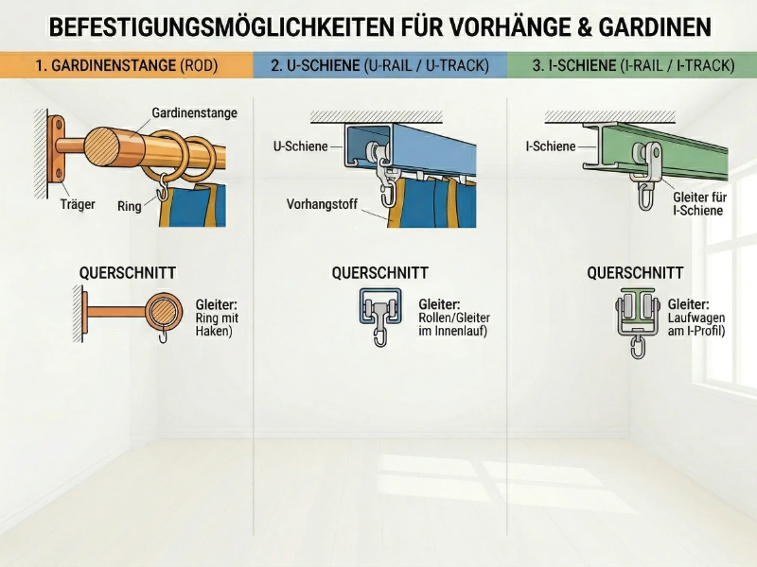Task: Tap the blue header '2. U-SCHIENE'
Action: (379, 66)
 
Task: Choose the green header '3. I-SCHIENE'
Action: (632, 66)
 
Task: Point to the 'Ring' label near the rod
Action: (130, 206)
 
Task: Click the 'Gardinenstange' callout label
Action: (195, 113)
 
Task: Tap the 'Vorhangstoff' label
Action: (323, 204)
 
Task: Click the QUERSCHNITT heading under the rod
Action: (128, 273)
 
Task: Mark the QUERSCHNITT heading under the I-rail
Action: (635, 273)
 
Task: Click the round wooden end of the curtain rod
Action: (103, 146)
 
